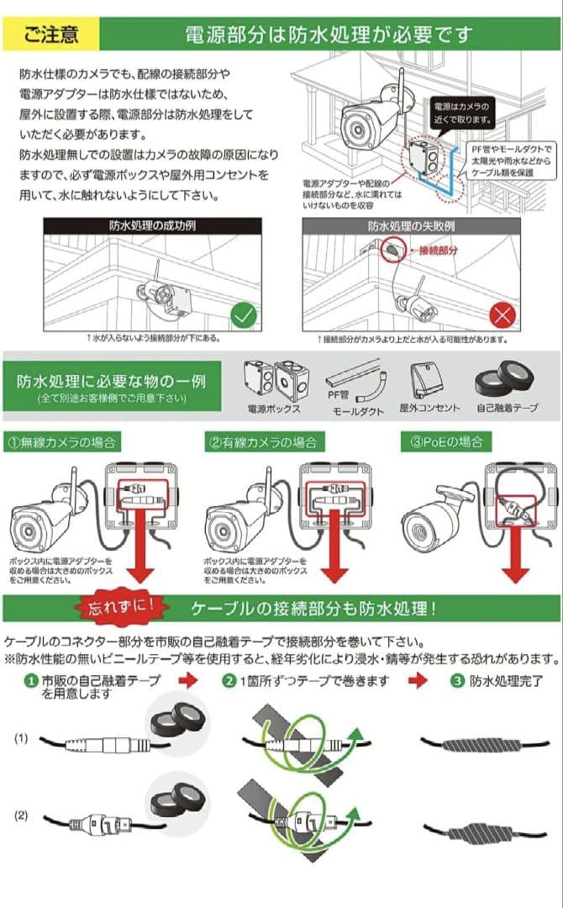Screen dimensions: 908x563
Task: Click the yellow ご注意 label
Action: [x=51, y=34]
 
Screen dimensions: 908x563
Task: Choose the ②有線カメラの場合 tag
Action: [x=263, y=441]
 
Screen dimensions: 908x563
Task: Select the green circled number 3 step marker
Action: [x=457, y=681]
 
